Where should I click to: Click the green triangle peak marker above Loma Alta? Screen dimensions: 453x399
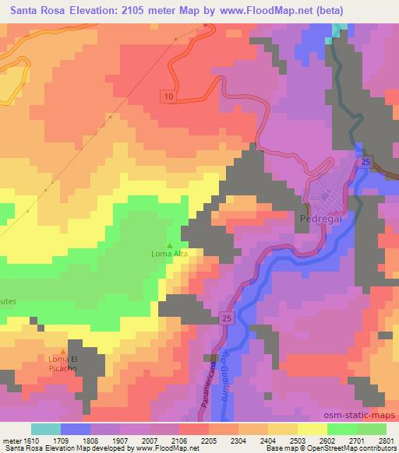click(x=170, y=245)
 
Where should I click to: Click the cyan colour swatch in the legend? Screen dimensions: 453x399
click(x=46, y=428)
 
